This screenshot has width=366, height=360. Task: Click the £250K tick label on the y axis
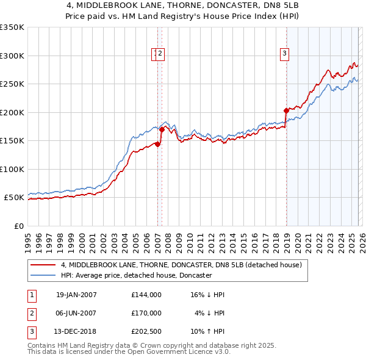12,84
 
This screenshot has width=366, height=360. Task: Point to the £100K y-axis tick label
12,169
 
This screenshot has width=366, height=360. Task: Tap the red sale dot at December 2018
286,110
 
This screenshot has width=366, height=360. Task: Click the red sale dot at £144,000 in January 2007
157,144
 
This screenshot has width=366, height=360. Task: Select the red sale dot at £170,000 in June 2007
162,129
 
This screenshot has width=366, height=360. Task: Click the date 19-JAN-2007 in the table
76,295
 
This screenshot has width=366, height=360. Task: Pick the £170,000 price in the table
146,313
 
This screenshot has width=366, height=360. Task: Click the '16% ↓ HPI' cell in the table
207,295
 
